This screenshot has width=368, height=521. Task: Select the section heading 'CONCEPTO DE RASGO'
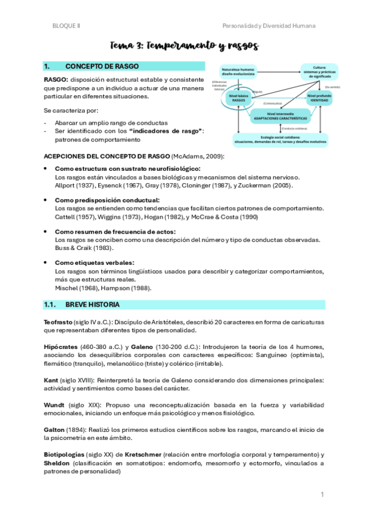102,66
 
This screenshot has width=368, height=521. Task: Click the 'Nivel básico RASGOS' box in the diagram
225,99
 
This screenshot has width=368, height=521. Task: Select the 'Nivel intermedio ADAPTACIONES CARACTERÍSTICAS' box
272,116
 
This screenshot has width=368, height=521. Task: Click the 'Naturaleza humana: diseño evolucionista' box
233,72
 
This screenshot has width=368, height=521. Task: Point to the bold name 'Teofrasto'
57,322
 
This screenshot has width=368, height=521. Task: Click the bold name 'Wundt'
55,405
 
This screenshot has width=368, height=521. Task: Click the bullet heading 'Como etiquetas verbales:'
90,263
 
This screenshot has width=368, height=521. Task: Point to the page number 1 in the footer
322,495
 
